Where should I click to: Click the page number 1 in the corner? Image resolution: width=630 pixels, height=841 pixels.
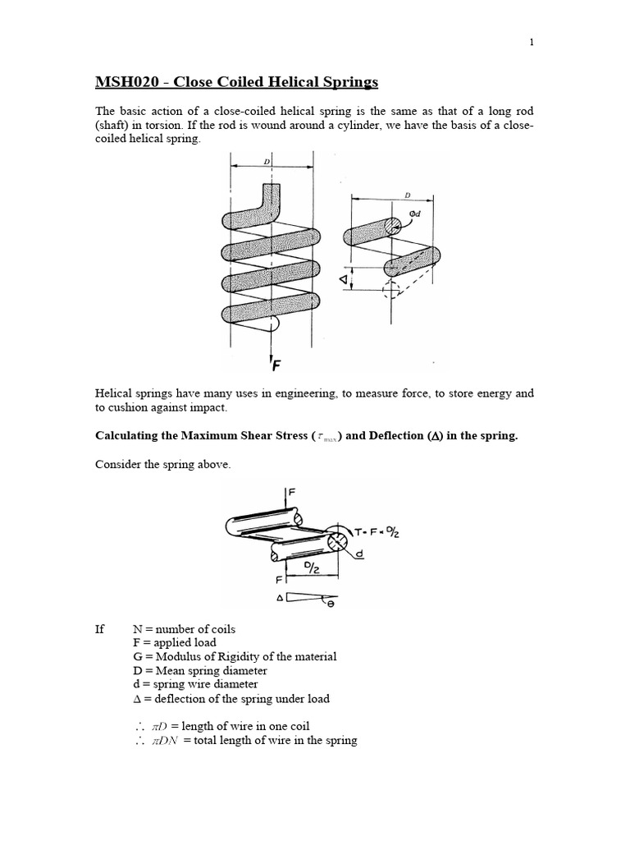(x=532, y=44)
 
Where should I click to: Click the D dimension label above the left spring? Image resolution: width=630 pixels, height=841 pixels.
(x=267, y=162)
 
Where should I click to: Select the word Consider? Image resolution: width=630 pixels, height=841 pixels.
(x=119, y=465)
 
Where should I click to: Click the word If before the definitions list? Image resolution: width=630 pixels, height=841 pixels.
(x=100, y=629)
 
